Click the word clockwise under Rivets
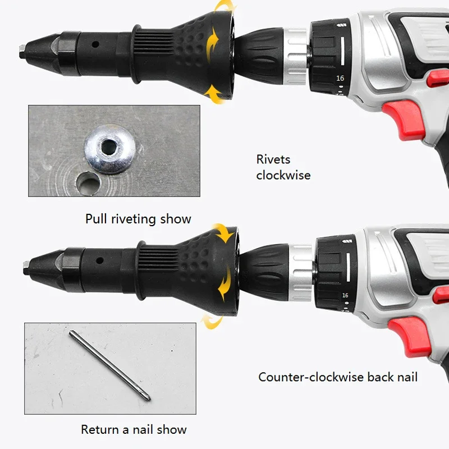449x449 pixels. [283, 175]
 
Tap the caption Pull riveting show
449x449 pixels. [138, 218]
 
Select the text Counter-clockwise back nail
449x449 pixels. [338, 377]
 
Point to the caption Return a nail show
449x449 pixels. [134, 430]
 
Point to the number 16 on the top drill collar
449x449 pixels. [340, 79]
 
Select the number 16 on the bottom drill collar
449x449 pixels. [345, 295]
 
